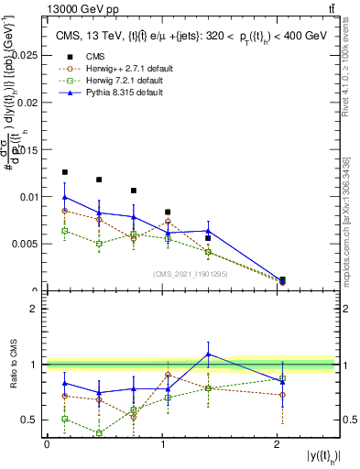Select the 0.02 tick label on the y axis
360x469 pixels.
pyautogui.click(x=25, y=103)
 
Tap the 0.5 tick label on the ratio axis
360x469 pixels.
pyautogui.click(x=29, y=420)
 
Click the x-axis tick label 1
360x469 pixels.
pyautogui.click(x=162, y=444)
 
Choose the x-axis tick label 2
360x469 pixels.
pyautogui.click(x=278, y=444)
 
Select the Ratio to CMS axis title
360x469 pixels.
pyautogui.click(x=12, y=366)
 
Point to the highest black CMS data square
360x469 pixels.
pyautogui.click(x=64, y=172)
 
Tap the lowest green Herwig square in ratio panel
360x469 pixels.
pyautogui.click(x=98, y=433)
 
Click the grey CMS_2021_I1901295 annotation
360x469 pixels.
pyautogui.click(x=191, y=273)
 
